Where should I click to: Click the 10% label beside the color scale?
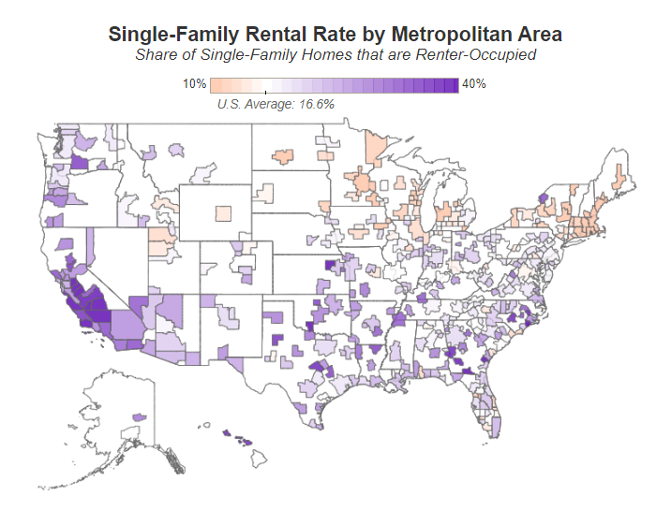tap(194, 84)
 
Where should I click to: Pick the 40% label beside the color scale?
tap(474, 84)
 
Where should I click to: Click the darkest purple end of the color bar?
tap(454, 84)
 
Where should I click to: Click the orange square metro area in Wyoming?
tap(221, 213)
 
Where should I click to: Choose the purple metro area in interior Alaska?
tap(141, 415)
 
